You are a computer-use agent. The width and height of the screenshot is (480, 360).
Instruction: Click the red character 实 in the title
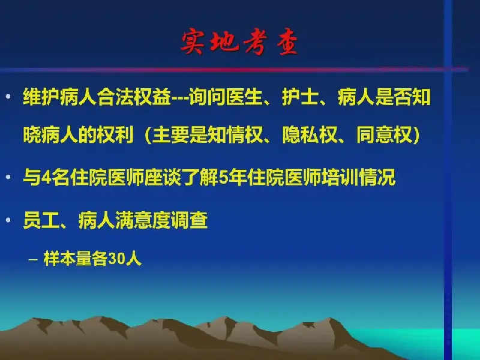193,42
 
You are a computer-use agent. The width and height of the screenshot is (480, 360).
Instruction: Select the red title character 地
224,41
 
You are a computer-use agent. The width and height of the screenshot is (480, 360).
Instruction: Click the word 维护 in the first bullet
41,97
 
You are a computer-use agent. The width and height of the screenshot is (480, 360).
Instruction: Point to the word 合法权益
134,97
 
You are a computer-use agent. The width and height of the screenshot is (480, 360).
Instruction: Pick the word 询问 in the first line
207,97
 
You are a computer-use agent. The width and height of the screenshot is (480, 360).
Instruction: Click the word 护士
301,97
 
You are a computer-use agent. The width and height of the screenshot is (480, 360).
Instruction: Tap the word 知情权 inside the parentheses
235,134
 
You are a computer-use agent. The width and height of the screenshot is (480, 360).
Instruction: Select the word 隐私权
310,134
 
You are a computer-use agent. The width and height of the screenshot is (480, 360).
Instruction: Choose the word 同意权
384,134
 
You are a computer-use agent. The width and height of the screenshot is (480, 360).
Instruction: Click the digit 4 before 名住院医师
46,178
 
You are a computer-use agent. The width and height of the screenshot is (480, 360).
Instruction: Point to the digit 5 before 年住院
224,178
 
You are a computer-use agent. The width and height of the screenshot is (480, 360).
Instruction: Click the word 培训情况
358,178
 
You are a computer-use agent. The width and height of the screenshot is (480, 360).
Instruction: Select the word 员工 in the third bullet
41,220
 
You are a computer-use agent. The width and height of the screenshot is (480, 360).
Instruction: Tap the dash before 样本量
33,260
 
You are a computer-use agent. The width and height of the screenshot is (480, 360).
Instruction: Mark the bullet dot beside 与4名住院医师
8,177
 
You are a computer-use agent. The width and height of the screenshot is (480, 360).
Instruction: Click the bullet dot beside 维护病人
8,97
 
